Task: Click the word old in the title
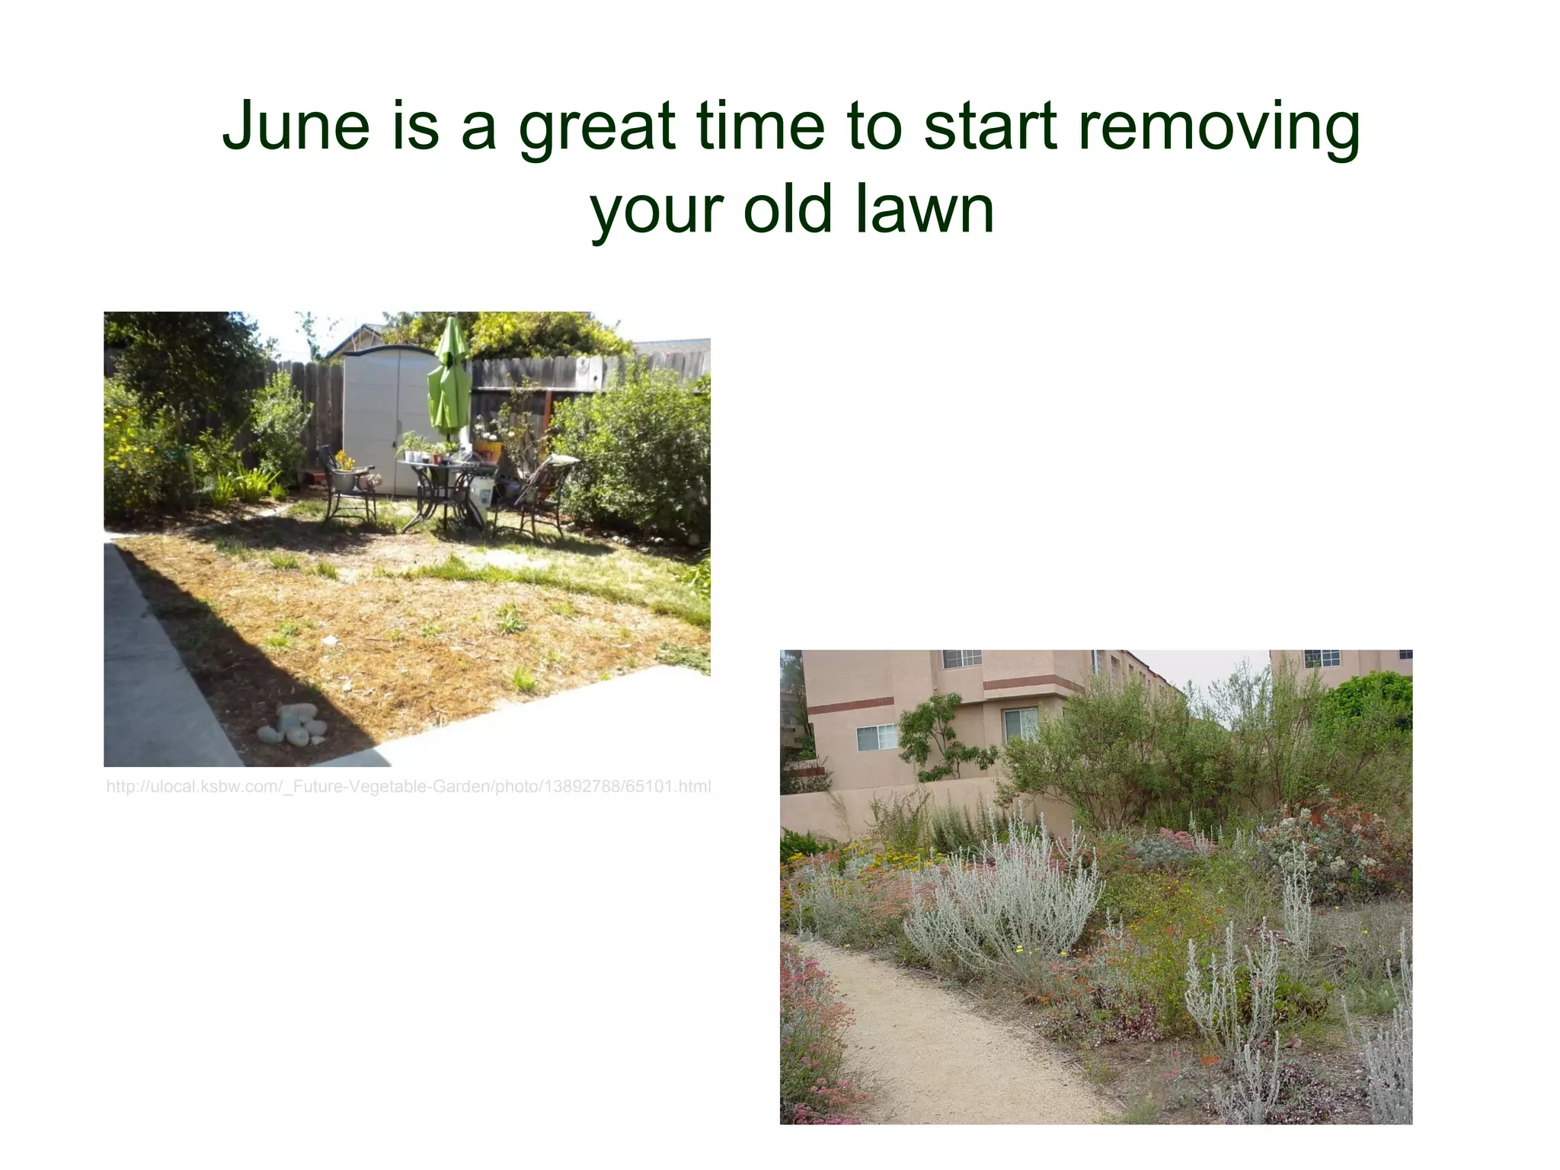tap(787, 209)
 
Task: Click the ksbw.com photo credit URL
tap(408, 787)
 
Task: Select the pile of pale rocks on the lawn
tap(293, 725)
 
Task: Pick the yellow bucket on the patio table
tap(487, 451)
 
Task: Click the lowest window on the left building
tap(876, 737)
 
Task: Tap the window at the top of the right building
tap(1322, 657)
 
